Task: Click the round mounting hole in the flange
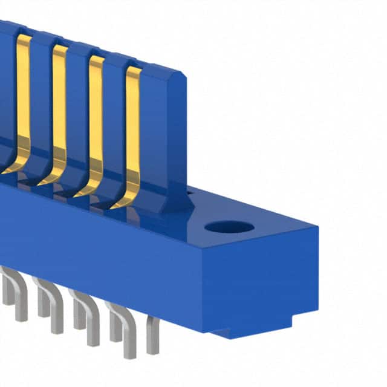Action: pos(229,227)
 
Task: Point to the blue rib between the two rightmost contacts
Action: pos(114,121)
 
